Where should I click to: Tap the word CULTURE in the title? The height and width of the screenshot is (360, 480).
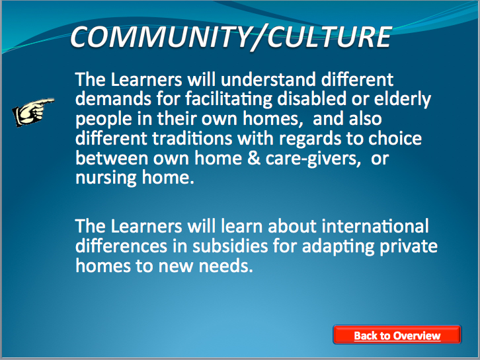tap(329, 37)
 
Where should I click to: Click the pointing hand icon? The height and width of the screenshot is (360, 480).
tap(33, 112)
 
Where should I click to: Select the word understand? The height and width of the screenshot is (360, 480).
tap(268, 79)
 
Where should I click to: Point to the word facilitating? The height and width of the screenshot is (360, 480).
tap(228, 99)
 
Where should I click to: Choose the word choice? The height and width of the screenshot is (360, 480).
tap(395, 138)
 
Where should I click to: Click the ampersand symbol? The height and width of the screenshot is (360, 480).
tap(254, 158)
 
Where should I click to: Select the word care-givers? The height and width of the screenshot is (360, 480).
tap(313, 159)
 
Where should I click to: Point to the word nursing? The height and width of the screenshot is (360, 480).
tap(106, 178)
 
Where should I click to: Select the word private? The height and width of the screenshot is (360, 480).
tap(409, 246)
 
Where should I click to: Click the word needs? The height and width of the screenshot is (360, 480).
tap(226, 266)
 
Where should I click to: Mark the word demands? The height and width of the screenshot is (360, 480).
tap(113, 99)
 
